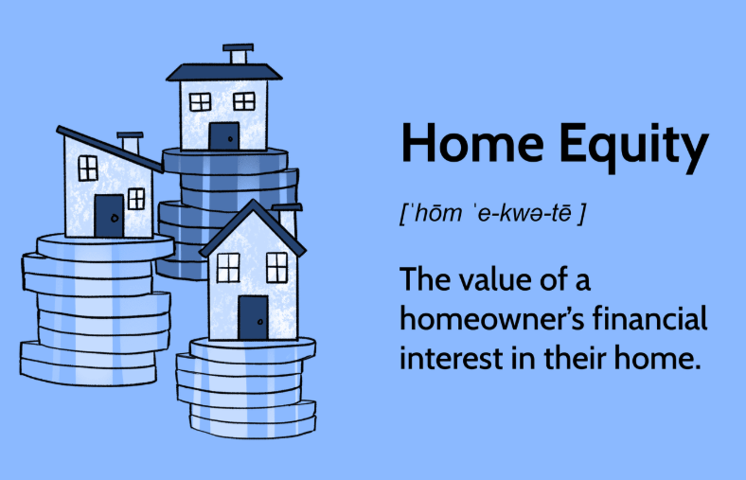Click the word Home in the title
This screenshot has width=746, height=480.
(x=472, y=143)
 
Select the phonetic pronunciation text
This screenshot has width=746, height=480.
(x=493, y=213)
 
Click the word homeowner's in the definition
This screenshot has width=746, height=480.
(x=492, y=319)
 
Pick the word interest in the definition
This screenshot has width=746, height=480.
(x=451, y=358)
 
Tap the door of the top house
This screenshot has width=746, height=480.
(x=224, y=136)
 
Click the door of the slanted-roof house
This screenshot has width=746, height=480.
(x=109, y=216)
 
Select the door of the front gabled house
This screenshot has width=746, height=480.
(x=253, y=318)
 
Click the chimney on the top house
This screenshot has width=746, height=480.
(x=239, y=54)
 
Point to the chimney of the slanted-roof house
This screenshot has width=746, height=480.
(x=130, y=143)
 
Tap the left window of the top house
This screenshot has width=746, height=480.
(x=201, y=102)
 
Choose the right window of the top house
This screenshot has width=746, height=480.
(x=244, y=101)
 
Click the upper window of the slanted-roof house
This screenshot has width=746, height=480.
(x=88, y=169)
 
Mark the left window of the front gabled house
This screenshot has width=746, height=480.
(x=228, y=268)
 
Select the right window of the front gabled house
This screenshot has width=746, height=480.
(x=276, y=268)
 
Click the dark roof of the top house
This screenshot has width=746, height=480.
(x=224, y=72)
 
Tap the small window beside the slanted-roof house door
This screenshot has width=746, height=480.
(x=136, y=199)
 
